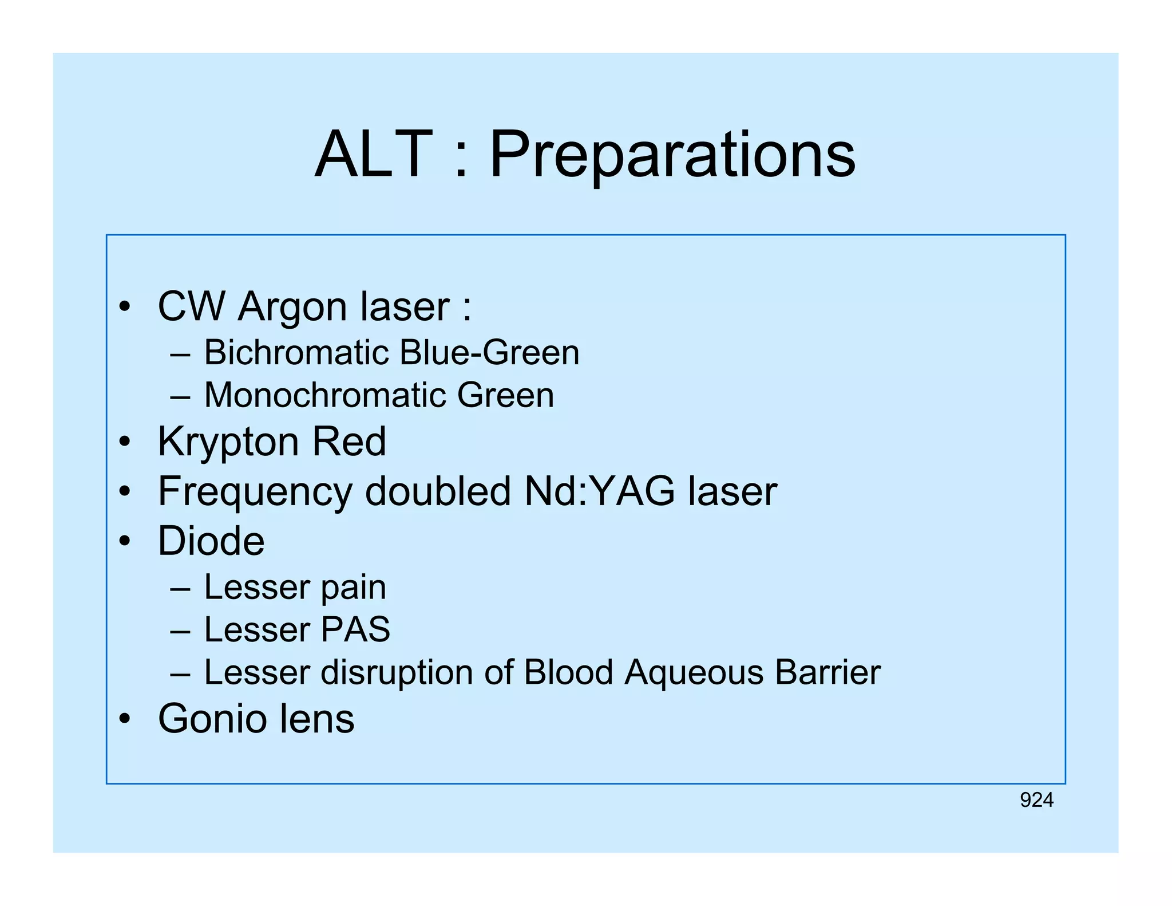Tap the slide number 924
[x=1036, y=800]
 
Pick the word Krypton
[x=227, y=443]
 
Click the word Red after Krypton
[x=349, y=442]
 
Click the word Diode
[x=211, y=541]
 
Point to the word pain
[x=353, y=588]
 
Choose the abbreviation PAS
[x=355, y=629]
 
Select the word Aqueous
[x=694, y=672]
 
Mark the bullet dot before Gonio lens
[x=125, y=719]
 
